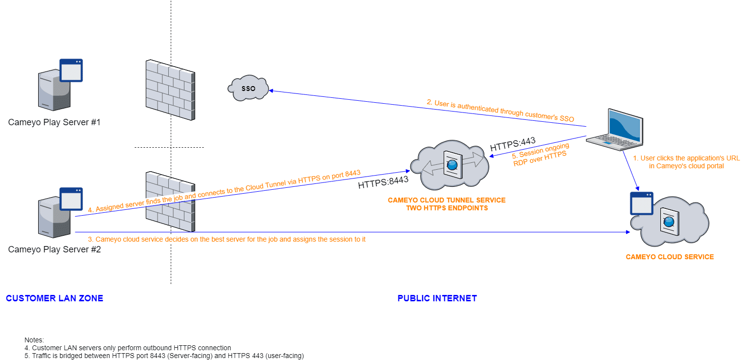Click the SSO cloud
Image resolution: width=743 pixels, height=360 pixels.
click(x=248, y=89)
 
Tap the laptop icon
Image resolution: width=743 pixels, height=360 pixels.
click(x=614, y=128)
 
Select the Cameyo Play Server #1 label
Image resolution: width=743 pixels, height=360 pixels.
click(x=54, y=122)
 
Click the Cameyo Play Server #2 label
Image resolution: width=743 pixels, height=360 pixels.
click(x=54, y=249)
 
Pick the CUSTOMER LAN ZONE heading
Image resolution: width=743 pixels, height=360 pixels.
click(x=54, y=298)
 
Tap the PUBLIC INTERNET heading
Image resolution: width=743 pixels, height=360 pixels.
click(x=437, y=298)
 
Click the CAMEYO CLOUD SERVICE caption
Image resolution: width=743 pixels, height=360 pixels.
click(x=670, y=257)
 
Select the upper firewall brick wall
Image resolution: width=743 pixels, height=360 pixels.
click(x=170, y=90)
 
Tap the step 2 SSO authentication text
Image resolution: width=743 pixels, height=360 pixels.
click(x=500, y=111)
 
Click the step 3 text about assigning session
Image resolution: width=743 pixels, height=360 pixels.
click(x=226, y=239)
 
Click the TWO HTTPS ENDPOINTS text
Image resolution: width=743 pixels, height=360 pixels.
click(x=447, y=208)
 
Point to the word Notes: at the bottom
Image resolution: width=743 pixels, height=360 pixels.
click(x=34, y=339)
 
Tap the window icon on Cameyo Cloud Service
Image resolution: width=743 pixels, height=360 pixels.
click(x=642, y=203)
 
